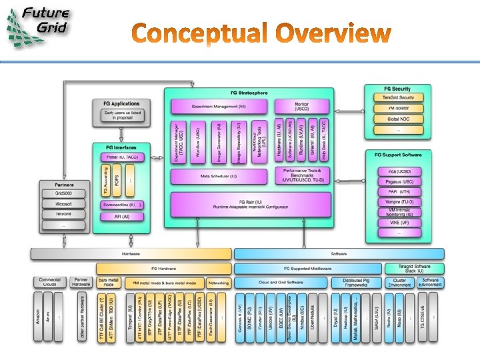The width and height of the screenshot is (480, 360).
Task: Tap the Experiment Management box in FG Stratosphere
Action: [219, 106]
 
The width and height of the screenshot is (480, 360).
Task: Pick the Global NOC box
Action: [398, 119]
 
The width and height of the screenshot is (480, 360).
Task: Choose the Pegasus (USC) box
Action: [399, 181]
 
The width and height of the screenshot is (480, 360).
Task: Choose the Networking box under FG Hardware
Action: [217, 283]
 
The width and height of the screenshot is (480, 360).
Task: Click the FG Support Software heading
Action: [399, 155]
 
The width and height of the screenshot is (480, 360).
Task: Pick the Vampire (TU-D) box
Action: [399, 201]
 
